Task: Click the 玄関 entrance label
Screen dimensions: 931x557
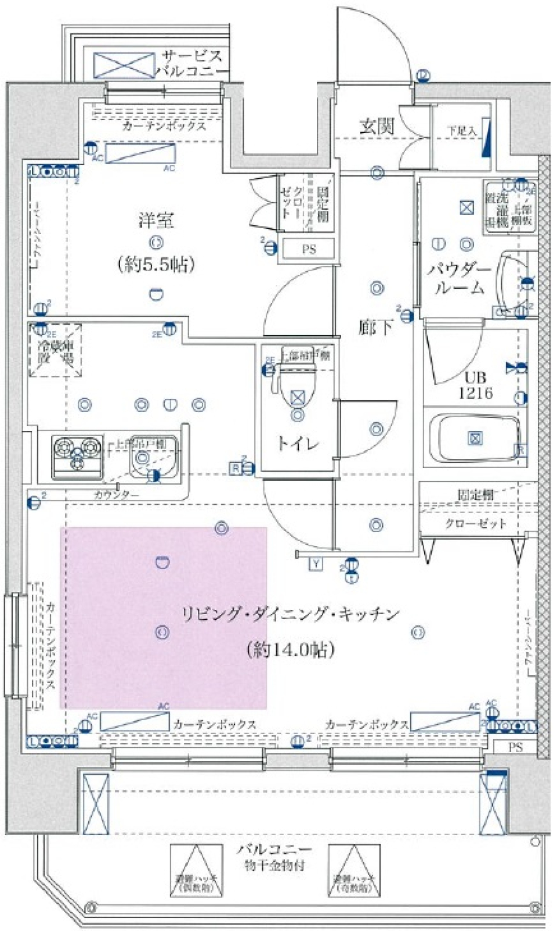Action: coord(377,126)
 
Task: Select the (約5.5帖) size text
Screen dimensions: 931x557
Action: coord(156,265)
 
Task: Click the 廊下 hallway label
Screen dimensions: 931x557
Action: coord(375,328)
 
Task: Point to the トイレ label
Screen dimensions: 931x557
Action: coord(297,444)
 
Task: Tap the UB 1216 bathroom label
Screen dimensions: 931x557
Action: coord(475,385)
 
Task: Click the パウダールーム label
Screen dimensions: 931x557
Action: coord(459,279)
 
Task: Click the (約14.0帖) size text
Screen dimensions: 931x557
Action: coord(291,649)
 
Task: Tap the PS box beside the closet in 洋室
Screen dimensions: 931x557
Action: coord(308,249)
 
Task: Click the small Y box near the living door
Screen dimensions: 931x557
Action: coord(316,564)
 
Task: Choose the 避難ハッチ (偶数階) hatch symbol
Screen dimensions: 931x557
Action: coord(196,870)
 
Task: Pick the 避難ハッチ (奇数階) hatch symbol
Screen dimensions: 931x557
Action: coord(354,870)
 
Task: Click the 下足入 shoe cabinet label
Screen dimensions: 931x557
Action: coord(461,131)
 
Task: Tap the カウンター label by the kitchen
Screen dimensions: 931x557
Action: coord(117,495)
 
